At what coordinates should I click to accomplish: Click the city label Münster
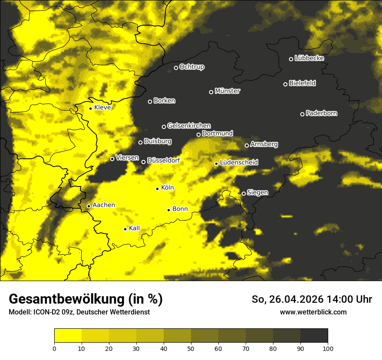coord(227,91)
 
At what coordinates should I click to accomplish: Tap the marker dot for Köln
coord(158,189)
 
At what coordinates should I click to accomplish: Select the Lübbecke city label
coord(309,58)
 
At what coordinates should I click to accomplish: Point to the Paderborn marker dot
coord(303,114)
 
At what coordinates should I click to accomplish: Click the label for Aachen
coord(104,205)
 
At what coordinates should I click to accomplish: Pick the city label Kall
coord(135,228)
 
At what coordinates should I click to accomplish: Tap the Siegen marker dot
coord(244,193)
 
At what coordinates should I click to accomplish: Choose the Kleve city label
coord(102,108)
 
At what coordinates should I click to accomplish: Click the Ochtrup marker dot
coord(176,68)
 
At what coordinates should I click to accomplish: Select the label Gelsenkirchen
coord(189,126)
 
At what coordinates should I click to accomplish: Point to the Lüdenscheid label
coord(239,163)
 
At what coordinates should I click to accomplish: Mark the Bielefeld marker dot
coord(286,84)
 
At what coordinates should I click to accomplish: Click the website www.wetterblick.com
coord(313,312)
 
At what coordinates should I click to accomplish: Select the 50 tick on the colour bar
coord(191,348)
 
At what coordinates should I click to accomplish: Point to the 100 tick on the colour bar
coord(328,348)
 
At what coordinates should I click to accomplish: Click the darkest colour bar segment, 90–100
coord(314,335)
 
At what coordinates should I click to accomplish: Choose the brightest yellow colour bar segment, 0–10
coord(68,335)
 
